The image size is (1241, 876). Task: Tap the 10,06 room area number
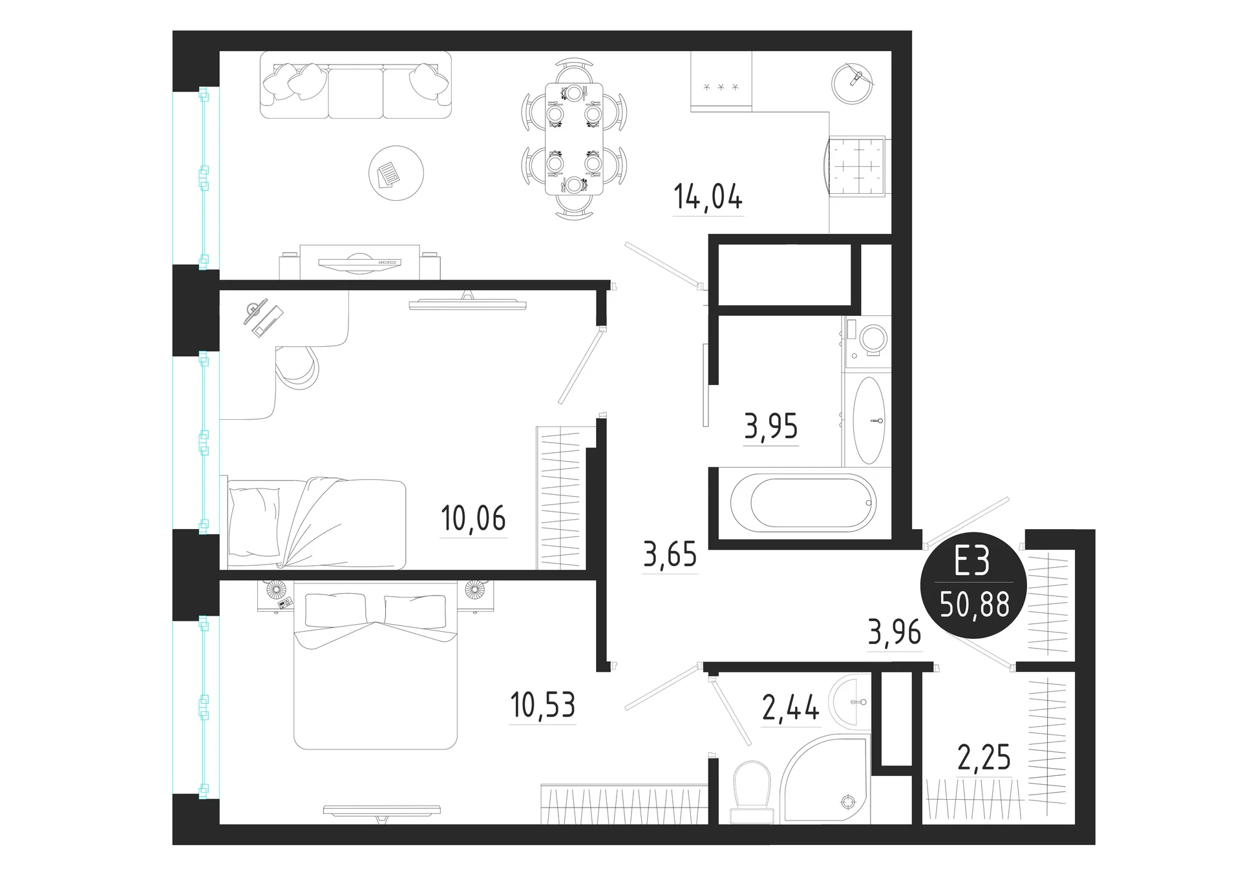473,518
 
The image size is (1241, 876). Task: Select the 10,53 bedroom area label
542,705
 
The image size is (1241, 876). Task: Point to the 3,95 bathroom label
771,426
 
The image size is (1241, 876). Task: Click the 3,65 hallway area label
670,554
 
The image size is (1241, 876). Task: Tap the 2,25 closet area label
984,757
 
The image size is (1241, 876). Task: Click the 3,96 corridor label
894,632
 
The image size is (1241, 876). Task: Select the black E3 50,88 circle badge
973,586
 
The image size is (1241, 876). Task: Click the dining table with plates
575,139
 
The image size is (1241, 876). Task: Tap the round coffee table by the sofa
396,172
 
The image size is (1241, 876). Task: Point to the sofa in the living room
355,85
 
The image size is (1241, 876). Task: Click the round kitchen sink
852,84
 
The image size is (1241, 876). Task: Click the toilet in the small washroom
752,791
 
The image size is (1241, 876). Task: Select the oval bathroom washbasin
869,421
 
